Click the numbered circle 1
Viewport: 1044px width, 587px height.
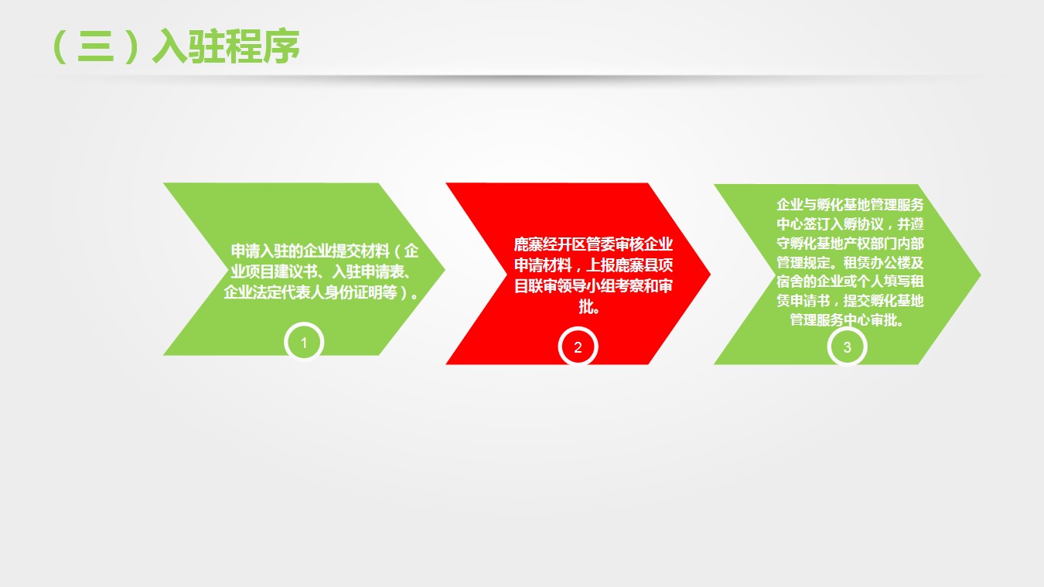[304, 343]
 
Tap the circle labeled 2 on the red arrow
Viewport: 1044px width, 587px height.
[578, 347]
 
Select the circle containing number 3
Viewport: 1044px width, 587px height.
[847, 347]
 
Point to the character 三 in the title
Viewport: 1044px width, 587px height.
[96, 46]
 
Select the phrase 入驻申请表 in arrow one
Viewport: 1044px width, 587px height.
[367, 271]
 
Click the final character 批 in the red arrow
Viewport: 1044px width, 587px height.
[586, 307]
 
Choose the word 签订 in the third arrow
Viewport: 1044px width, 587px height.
[817, 224]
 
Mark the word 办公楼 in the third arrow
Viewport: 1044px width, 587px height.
[890, 262]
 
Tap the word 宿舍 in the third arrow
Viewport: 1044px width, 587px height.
[790, 282]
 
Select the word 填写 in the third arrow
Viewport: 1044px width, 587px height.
[897, 282]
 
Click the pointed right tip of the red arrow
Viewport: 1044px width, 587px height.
[710, 274]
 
